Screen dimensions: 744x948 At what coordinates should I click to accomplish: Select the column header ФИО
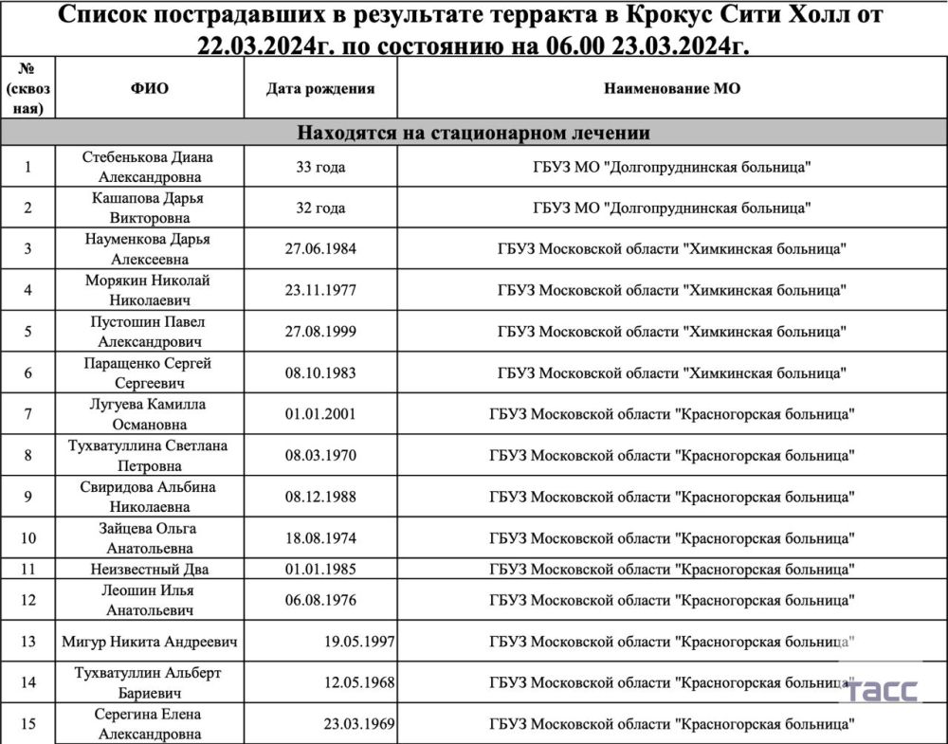[149, 89]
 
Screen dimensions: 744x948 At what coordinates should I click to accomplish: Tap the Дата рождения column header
[320, 89]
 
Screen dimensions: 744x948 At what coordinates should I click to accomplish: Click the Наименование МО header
[672, 89]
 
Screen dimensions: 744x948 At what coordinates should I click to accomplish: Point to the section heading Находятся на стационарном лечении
[474, 133]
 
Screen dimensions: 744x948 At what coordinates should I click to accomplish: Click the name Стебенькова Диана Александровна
[149, 167]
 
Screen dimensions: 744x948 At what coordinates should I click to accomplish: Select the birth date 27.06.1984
[320, 249]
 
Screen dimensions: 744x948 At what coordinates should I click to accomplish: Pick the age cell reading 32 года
[320, 208]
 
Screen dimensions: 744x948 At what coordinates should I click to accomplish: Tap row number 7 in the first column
[27, 414]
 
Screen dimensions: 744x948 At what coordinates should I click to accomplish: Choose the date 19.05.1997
[359, 642]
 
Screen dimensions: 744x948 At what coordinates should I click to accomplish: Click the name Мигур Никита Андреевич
[149, 642]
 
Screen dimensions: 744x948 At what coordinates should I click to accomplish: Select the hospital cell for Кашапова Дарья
[672, 208]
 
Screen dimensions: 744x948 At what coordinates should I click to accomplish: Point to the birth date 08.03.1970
[320, 455]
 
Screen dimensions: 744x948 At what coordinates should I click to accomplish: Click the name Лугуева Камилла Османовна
[149, 414]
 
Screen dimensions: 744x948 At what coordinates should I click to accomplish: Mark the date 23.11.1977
[320, 290]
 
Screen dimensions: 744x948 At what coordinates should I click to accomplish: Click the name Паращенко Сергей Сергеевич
[149, 372]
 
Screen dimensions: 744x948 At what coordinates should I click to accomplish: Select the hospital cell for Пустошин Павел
[672, 332]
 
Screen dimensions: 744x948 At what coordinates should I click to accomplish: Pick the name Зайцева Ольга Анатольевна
[149, 538]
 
